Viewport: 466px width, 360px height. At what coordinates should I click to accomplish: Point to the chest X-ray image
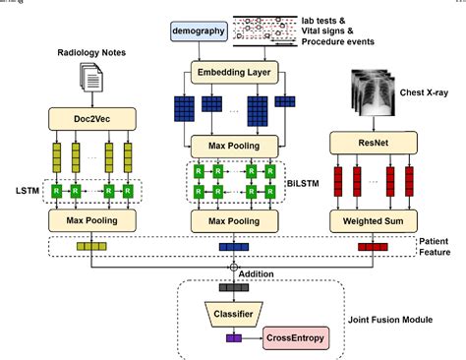[x=378, y=94]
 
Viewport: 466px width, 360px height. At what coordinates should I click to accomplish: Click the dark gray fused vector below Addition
[x=234, y=288]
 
